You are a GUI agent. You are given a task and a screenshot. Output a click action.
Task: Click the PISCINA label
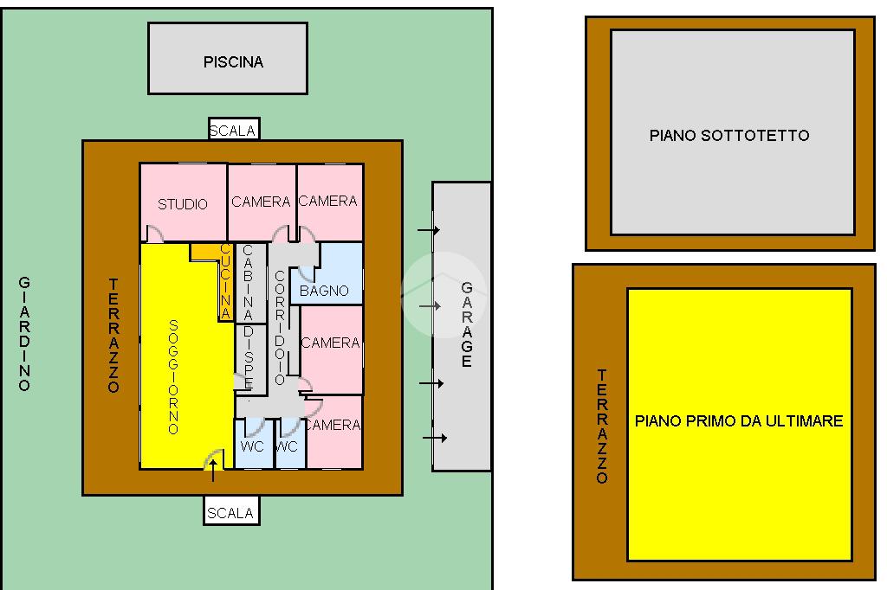[x=233, y=62]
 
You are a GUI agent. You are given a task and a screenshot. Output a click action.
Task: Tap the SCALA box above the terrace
[x=233, y=131]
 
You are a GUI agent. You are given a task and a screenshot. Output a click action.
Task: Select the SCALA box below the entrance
[x=231, y=513]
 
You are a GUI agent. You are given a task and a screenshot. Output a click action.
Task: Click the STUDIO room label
[x=183, y=204]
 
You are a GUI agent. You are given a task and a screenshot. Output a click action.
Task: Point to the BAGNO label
[x=324, y=291]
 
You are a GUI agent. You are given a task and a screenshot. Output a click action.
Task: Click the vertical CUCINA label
[x=225, y=282]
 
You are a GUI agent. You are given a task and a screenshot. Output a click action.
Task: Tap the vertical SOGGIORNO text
[x=173, y=376]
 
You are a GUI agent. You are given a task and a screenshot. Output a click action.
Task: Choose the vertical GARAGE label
[x=467, y=324]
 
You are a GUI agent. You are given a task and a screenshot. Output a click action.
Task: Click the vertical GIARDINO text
[x=24, y=333]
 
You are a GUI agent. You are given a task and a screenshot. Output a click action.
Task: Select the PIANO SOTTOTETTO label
[x=729, y=135]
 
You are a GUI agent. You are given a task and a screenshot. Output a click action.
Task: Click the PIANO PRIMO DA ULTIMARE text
[x=739, y=421]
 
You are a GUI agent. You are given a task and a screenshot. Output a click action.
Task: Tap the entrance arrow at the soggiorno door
[x=213, y=469]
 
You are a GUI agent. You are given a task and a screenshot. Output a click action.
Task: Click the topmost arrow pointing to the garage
[x=428, y=230]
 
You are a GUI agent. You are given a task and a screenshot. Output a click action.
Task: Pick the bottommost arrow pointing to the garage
[x=435, y=439]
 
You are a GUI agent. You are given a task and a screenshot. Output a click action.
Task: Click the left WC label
[x=252, y=446]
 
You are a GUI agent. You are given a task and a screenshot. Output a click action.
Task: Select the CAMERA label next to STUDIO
[x=261, y=202]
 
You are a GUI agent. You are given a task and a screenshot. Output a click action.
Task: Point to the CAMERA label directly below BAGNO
[x=330, y=343]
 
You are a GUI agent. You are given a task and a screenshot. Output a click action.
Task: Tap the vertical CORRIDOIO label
[x=279, y=327]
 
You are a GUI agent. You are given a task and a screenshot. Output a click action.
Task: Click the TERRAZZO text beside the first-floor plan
[x=602, y=426]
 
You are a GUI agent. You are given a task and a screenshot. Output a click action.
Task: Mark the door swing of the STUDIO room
[x=153, y=234]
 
